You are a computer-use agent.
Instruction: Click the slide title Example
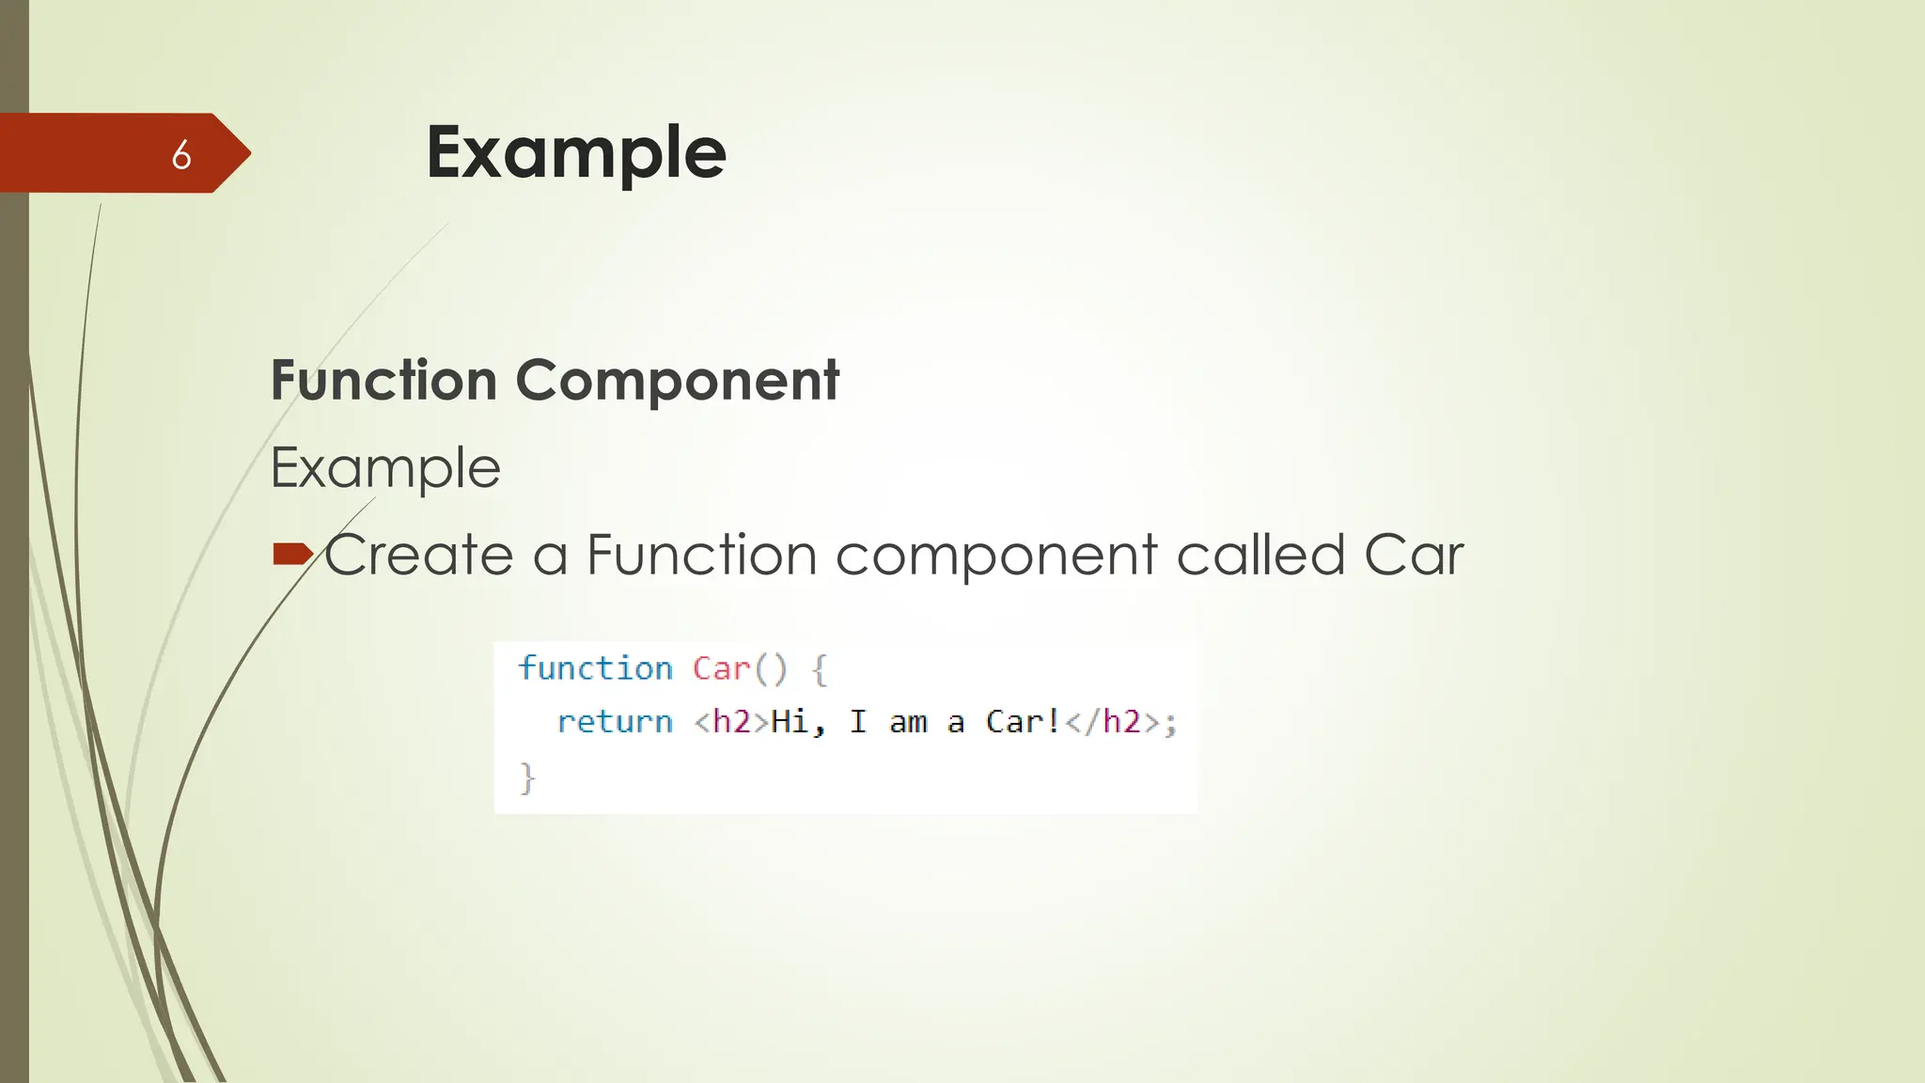[576, 152]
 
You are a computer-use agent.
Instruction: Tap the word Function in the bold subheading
[383, 381]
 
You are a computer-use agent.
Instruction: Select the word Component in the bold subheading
[677, 381]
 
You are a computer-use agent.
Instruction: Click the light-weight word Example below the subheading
[385, 468]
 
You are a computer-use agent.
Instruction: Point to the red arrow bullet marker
[291, 554]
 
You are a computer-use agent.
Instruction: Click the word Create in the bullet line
[419, 555]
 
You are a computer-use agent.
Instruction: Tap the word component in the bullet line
[996, 555]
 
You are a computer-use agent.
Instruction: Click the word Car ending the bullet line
[1414, 555]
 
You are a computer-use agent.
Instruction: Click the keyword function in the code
[596, 668]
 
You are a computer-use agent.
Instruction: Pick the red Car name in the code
[721, 668]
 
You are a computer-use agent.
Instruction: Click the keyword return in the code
[615, 722]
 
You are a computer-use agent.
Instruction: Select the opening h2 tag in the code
[731, 722]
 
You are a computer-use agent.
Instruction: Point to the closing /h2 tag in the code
[1112, 722]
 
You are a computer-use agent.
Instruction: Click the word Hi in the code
[790, 722]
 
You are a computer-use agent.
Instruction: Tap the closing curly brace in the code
[527, 778]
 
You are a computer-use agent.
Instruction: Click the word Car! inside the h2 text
[1023, 722]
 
